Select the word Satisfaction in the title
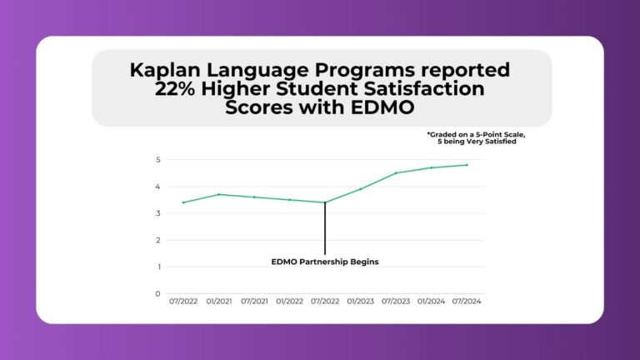(434, 90)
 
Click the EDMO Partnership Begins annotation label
(325, 262)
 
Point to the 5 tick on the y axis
(157, 159)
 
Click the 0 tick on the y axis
(157, 293)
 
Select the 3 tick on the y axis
(157, 213)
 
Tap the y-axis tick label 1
(157, 267)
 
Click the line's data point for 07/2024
(467, 165)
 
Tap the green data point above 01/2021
(218, 194)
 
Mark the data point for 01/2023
(360, 189)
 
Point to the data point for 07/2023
(396, 173)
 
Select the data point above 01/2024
(431, 167)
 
